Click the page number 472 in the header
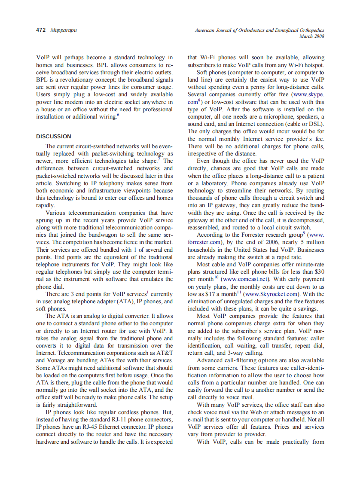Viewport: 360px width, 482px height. point(41,31)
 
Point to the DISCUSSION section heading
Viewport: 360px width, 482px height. point(54,137)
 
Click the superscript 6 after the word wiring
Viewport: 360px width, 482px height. point(118,115)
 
